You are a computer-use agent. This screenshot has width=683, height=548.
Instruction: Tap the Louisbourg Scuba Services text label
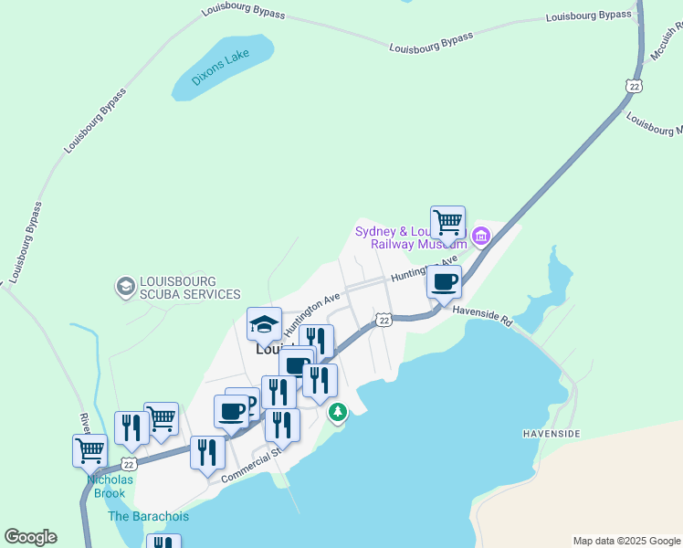(190, 288)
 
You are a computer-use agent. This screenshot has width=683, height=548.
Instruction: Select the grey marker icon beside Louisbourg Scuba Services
(124, 288)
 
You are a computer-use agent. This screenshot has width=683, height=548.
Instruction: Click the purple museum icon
(480, 238)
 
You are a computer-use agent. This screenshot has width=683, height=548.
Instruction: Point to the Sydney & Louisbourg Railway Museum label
(410, 237)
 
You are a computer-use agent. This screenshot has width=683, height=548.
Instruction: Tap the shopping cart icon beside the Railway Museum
(447, 222)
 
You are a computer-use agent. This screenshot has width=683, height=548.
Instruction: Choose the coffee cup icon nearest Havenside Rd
(444, 281)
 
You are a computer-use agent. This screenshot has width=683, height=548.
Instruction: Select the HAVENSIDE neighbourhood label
(551, 434)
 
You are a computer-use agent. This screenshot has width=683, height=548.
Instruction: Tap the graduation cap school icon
(265, 323)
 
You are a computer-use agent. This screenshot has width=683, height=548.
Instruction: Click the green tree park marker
(338, 413)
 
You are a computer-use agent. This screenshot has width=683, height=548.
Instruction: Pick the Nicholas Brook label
(110, 486)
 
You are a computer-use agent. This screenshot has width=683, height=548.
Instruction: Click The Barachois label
(148, 516)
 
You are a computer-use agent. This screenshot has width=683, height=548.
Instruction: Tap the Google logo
(30, 537)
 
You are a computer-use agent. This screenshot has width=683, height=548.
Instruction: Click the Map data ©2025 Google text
(625, 541)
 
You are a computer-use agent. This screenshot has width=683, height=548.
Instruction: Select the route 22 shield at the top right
(635, 85)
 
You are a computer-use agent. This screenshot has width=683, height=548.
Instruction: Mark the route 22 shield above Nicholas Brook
(129, 464)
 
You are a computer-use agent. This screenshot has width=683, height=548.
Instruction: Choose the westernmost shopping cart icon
(89, 449)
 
